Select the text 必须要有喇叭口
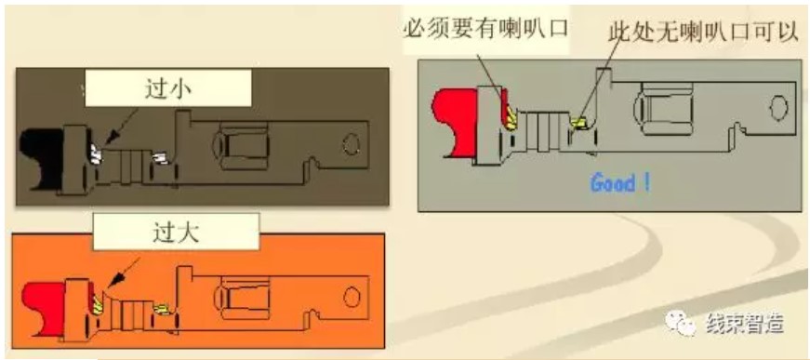tap(485, 29)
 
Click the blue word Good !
tap(620, 182)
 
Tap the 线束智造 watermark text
tap(743, 322)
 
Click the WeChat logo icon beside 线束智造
tap(682, 322)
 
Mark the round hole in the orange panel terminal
tap(352, 297)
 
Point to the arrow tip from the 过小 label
tap(104, 145)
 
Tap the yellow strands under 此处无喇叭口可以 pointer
tap(578, 123)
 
